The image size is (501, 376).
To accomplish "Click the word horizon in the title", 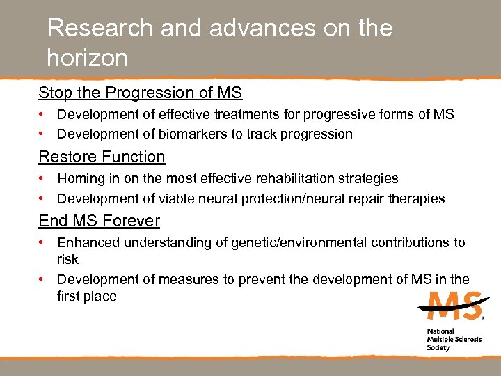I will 87,58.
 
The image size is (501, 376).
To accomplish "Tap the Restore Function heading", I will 102,157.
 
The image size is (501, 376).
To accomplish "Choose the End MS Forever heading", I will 99,221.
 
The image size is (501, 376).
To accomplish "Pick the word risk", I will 67,259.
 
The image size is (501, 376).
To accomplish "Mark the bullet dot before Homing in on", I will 42,179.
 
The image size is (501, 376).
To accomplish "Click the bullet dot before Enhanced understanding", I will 42,242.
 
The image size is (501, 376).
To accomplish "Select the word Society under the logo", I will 438,347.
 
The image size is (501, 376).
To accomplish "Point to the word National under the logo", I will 440,331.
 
